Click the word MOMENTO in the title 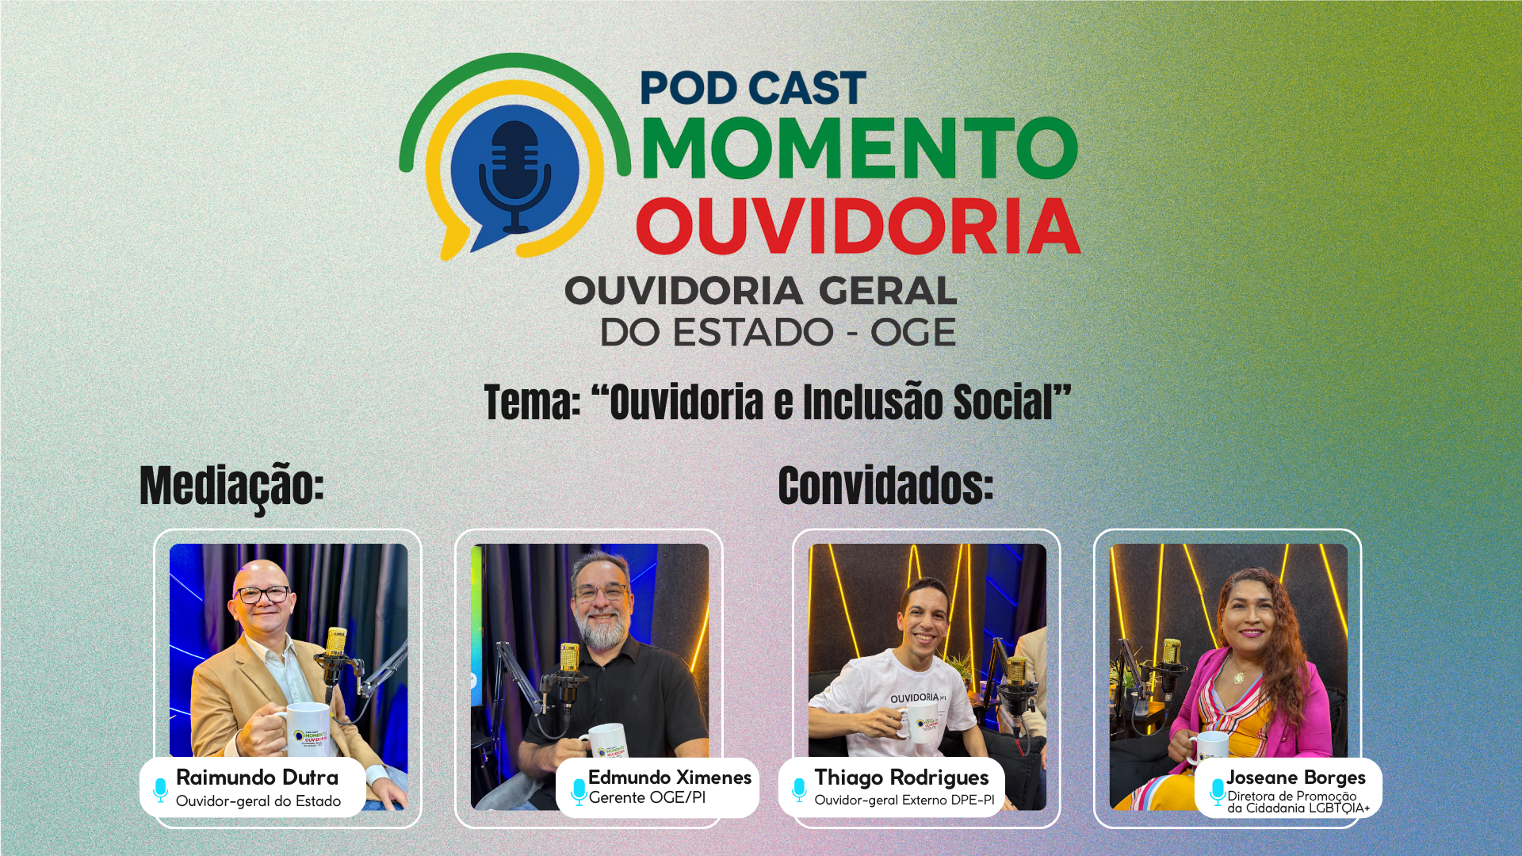tap(859, 148)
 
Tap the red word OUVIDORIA tap(858, 227)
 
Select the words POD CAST tap(752, 88)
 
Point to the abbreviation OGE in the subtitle tap(913, 333)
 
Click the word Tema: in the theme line tap(532, 403)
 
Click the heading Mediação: tap(231, 485)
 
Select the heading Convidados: tap(885, 485)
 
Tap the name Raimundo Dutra tap(257, 778)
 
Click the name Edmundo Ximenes tap(670, 778)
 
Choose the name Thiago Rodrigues tap(901, 778)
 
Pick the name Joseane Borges tap(1296, 778)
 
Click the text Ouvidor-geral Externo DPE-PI tap(904, 801)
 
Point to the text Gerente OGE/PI tap(647, 798)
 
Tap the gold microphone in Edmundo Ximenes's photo tap(569, 658)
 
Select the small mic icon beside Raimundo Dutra tap(160, 789)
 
